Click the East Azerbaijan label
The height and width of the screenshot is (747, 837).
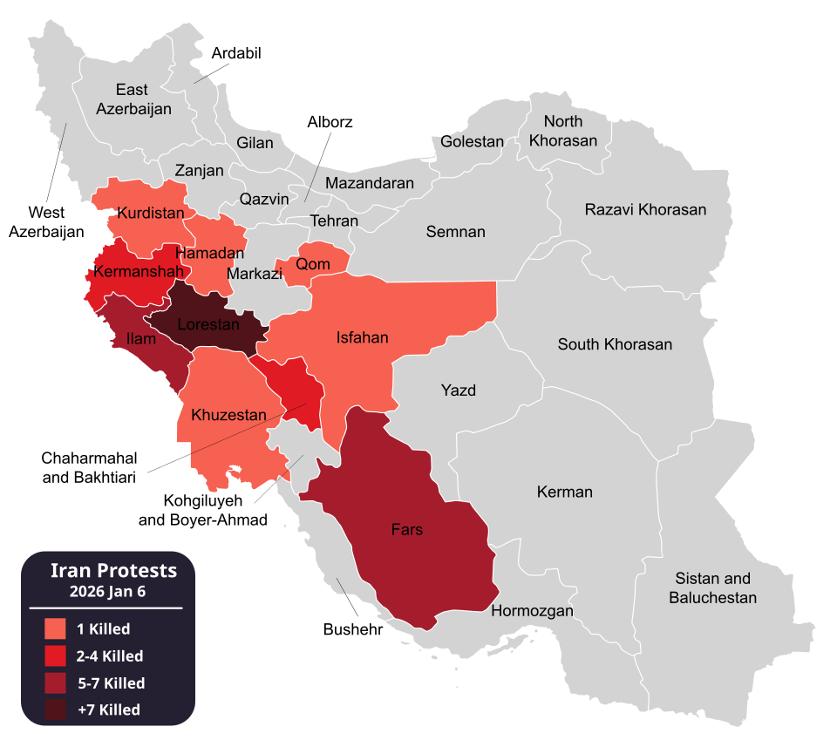tap(133, 99)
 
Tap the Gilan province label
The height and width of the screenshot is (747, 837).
tap(255, 143)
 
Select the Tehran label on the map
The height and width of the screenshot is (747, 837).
tap(334, 221)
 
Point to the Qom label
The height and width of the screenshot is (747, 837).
tap(313, 264)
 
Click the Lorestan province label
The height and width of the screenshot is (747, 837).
tap(208, 324)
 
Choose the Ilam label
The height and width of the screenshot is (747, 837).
tap(141, 338)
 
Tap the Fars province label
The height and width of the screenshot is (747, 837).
tap(407, 529)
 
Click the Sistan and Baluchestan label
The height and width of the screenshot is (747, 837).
tap(712, 588)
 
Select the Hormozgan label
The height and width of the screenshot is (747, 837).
tap(532, 611)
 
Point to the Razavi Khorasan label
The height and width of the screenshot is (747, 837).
tap(645, 209)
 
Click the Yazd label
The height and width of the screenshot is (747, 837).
tap(458, 390)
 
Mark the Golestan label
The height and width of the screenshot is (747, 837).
tap(472, 141)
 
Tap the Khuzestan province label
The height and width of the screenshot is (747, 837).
tap(228, 415)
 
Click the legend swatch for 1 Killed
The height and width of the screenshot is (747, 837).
tap(55, 628)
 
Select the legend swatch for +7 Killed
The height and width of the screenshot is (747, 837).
tap(55, 710)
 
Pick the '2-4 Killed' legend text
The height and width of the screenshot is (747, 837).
tap(109, 656)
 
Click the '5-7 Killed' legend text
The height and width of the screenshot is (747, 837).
tap(110, 683)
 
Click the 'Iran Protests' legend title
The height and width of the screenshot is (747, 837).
tap(113, 571)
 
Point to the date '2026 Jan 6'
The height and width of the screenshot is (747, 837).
tap(107, 591)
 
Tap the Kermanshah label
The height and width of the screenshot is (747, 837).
tap(138, 271)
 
